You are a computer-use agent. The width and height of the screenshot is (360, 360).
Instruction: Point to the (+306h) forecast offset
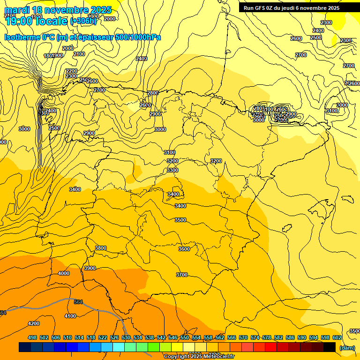tap(83, 21)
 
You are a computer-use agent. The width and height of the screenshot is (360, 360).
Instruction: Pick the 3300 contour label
tap(172, 170)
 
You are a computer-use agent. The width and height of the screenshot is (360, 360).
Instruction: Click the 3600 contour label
tap(184, 249)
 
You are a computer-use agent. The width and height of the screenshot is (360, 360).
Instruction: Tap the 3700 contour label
tap(182, 275)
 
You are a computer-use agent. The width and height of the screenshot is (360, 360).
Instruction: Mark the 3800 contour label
tap(101, 248)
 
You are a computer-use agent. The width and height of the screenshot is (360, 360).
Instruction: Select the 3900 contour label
tap(90, 268)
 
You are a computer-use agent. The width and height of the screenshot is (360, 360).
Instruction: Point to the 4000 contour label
tap(64, 273)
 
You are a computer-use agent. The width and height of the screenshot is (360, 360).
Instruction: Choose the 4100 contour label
tap(70, 316)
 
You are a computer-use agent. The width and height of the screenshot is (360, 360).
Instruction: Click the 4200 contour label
tap(34, 323)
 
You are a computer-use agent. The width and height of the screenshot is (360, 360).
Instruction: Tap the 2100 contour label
tap(79, 54)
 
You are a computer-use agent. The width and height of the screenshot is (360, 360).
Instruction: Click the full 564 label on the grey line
tap(78, 302)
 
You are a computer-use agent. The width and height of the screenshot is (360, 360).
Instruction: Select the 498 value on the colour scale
tap(32, 337)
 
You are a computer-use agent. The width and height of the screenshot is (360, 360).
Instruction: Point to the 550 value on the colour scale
tap(185, 337)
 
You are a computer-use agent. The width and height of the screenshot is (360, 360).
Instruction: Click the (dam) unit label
tap(347, 347)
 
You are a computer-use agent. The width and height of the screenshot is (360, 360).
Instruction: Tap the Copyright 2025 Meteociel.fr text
tap(199, 357)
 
